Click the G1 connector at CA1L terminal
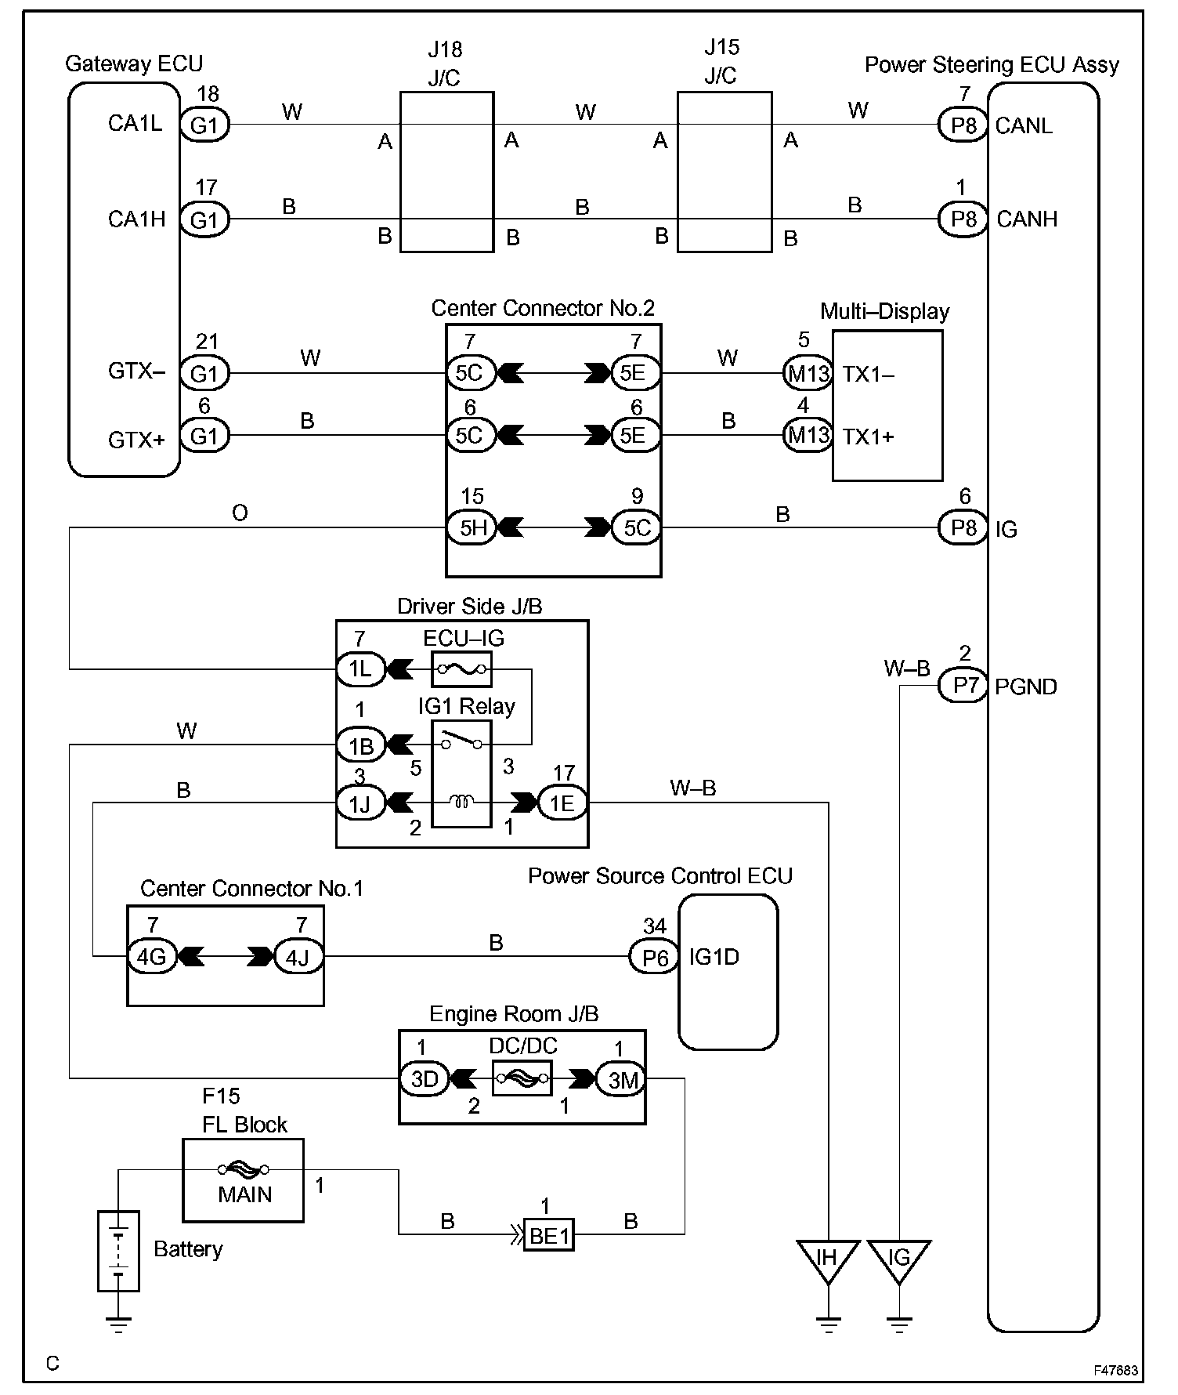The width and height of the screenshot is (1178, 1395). coord(204,125)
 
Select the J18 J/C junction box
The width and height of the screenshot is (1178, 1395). coord(447,172)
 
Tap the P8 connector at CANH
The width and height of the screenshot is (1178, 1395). coord(963,219)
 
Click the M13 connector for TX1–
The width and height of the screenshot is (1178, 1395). coord(808,373)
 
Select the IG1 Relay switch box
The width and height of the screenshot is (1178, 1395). coord(462,773)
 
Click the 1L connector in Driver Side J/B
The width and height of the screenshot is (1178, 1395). coord(361,669)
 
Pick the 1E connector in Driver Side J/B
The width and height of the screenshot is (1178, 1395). coord(562,803)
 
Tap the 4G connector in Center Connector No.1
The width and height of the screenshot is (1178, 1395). coord(152,957)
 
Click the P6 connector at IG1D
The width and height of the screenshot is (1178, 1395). coord(654,957)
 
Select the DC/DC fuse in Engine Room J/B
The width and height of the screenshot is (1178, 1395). coord(522,1078)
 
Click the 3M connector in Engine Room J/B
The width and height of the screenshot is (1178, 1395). coord(623,1079)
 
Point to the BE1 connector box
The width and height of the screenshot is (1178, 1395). coord(549,1236)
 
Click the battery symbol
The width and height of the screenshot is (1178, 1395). coord(118,1251)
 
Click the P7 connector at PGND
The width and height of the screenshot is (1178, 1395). coord(963,686)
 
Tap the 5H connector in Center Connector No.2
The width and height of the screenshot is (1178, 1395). coord(471,527)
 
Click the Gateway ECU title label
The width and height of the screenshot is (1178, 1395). coord(134,63)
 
